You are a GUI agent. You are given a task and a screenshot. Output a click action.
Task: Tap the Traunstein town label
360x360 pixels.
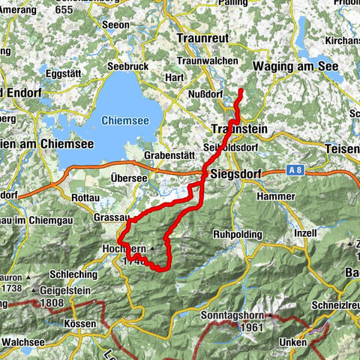(235, 128)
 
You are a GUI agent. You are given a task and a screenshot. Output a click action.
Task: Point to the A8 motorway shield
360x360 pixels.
(295, 172)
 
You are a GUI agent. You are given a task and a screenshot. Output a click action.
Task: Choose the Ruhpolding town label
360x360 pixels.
(237, 233)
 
